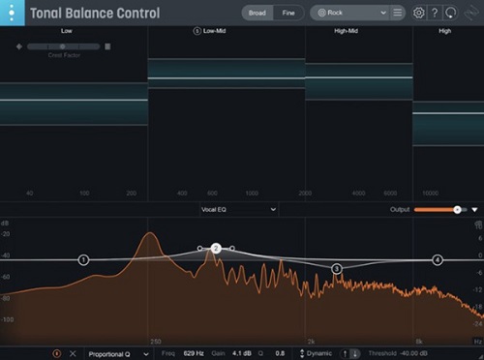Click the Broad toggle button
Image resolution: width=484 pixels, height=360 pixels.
click(x=257, y=14)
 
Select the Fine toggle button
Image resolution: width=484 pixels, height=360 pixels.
click(x=287, y=14)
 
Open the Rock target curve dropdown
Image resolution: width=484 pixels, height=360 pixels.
click(x=349, y=14)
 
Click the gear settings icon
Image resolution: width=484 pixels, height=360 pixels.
click(x=418, y=14)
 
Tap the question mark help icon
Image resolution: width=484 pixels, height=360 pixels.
click(x=435, y=14)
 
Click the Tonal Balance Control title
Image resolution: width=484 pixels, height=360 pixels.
click(x=95, y=14)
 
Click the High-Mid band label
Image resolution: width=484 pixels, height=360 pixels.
click(x=346, y=31)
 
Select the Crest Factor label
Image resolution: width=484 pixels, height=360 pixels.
click(x=61, y=55)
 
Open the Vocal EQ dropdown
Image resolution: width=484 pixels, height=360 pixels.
click(x=238, y=209)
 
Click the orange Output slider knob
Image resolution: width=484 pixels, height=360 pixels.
click(x=457, y=209)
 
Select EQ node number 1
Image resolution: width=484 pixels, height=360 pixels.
click(x=83, y=259)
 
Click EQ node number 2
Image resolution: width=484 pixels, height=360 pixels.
click(x=217, y=249)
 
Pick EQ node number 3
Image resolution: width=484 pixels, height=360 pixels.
click(x=337, y=268)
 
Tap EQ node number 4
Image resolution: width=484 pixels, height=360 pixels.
click(x=438, y=259)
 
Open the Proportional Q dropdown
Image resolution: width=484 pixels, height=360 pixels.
click(x=118, y=353)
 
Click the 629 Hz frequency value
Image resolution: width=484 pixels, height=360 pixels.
click(x=195, y=353)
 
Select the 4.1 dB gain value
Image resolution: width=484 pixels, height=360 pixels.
click(x=242, y=353)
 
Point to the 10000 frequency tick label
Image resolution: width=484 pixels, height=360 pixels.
click(x=431, y=194)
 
